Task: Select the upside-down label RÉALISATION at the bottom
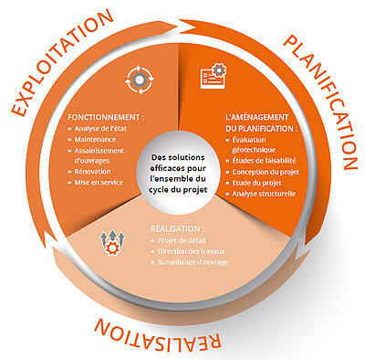(x=158, y=334)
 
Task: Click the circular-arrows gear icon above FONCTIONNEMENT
(x=140, y=79)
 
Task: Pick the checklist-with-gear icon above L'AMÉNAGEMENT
(x=214, y=76)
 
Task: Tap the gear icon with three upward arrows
(x=112, y=243)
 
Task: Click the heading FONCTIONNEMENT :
(x=106, y=117)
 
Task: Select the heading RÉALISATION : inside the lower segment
(x=177, y=228)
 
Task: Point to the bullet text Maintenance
(x=95, y=140)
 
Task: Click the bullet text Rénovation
(x=92, y=171)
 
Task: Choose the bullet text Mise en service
(x=99, y=183)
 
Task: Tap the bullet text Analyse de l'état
(x=100, y=128)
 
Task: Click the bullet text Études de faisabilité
(x=264, y=161)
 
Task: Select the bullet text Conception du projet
(x=266, y=172)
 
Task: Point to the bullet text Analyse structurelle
(x=264, y=194)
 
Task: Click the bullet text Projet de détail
(x=182, y=240)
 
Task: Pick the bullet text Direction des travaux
(x=192, y=251)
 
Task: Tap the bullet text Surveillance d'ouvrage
(x=193, y=262)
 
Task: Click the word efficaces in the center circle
(x=167, y=168)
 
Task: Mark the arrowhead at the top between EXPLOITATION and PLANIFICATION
(x=186, y=26)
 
